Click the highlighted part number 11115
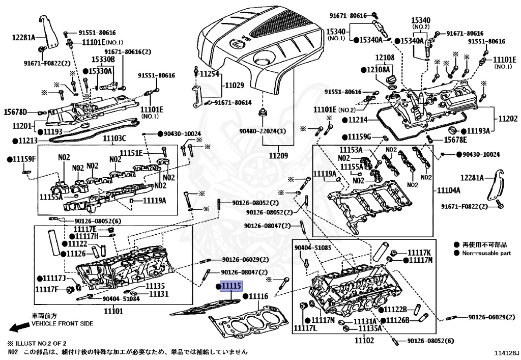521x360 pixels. pos(231,286)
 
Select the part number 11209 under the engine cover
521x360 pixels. pos(278,155)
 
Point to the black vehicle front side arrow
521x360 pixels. pos(20,327)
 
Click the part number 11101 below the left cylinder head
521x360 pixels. pos(113,311)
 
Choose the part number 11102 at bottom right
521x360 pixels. pos(364,340)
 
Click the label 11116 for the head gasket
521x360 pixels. pos(258,296)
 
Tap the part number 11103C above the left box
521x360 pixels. pos(114,139)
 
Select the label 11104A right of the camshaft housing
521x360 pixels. pos(449,190)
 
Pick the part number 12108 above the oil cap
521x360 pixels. pos(385,57)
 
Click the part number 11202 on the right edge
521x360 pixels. pos(508,118)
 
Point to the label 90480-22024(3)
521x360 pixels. pos(263,131)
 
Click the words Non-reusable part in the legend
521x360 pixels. pos(487,253)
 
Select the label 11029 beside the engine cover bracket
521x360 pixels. pos(234,85)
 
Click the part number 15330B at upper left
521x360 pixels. pos(103,59)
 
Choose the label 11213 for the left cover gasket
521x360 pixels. pos(28,141)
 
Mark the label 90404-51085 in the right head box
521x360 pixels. pos(313,247)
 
